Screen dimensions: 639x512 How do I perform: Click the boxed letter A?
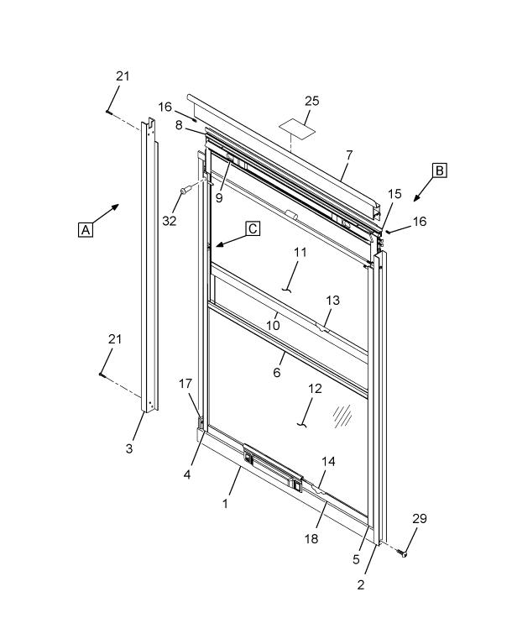85,228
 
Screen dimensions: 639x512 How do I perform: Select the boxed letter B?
439,170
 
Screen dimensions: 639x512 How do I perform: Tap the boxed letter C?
253,228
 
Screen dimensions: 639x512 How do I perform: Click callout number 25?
311,102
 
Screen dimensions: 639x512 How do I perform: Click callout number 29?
420,519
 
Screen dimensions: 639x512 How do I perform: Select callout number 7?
348,155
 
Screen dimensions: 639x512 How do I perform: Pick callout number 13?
333,301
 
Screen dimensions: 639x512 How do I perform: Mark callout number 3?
129,448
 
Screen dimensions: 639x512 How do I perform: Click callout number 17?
186,384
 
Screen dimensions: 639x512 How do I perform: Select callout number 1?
225,503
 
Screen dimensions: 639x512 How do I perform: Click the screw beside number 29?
405,553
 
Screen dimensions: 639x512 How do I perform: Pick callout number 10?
273,324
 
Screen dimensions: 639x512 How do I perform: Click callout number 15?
394,195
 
